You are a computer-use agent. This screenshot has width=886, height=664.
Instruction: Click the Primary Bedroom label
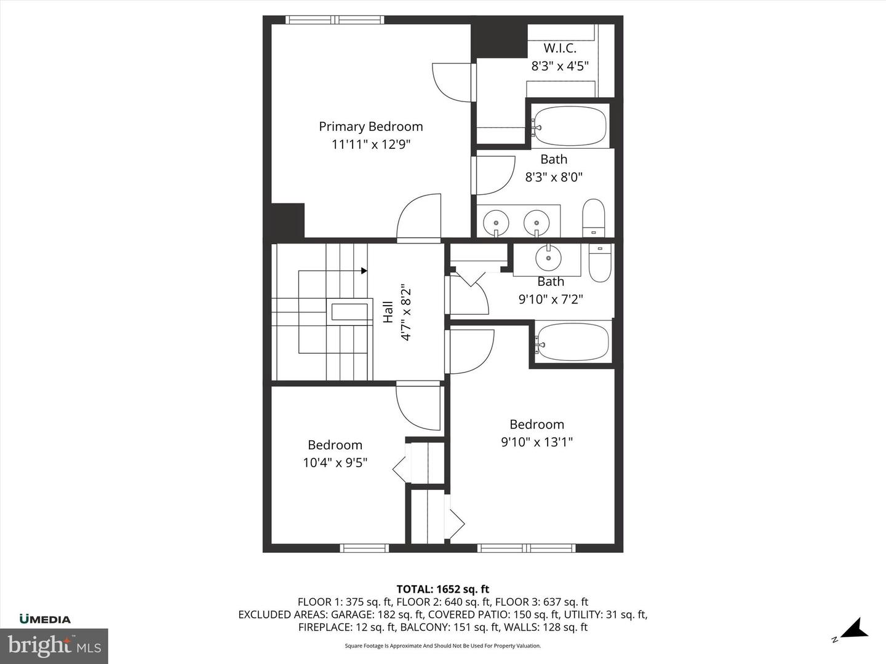[370, 127]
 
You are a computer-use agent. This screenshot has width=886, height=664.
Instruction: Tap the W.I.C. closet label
[559, 49]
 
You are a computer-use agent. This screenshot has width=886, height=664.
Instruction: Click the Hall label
[388, 312]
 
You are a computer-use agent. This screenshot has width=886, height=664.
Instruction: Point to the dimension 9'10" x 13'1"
[537, 442]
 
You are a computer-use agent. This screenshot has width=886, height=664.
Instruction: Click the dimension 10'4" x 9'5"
[335, 462]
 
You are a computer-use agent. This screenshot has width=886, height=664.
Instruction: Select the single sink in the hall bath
[547, 258]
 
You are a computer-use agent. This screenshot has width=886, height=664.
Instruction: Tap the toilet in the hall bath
[599, 263]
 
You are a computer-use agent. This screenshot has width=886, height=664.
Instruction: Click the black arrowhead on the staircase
[364, 271]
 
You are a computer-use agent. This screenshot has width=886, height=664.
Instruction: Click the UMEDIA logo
[45, 619]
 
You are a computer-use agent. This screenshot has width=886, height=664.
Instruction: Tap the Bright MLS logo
[54, 646]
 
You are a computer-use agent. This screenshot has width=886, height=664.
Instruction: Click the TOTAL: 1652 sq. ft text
[442, 589]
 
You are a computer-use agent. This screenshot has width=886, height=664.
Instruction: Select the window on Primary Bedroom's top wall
[336, 20]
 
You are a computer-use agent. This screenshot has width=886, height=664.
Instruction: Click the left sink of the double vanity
[495, 221]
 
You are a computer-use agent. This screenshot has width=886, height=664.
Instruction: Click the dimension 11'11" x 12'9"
[370, 145]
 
